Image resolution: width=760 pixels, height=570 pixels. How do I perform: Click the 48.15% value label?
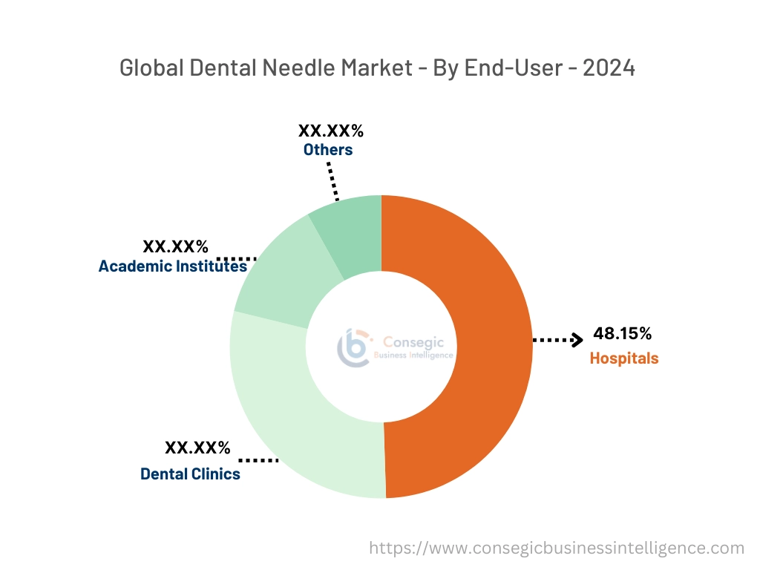pyautogui.click(x=623, y=334)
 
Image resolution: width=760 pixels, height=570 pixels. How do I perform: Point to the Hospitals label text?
pyautogui.click(x=623, y=358)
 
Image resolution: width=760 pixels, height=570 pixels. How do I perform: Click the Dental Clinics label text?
pyautogui.click(x=190, y=474)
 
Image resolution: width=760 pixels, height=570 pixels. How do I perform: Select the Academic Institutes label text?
pyautogui.click(x=172, y=266)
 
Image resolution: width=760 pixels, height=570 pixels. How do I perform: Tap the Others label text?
pyautogui.click(x=327, y=150)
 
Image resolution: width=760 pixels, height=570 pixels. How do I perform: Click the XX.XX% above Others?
pyautogui.click(x=331, y=131)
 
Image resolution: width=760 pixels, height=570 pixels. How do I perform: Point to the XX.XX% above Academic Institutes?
pyautogui.click(x=175, y=246)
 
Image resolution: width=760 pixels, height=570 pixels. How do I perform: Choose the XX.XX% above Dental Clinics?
pyautogui.click(x=197, y=448)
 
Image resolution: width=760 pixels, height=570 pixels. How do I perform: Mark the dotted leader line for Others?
pyautogui.click(x=332, y=178)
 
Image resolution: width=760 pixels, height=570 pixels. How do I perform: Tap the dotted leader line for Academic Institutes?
pyautogui.click(x=236, y=258)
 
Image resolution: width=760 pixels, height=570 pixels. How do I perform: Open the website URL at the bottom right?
pyautogui.click(x=557, y=548)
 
